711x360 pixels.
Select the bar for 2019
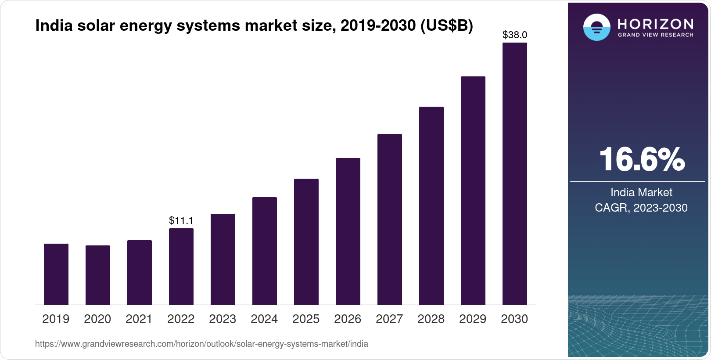point(56,274)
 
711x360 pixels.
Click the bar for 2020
point(98,275)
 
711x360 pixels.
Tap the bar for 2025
point(306,242)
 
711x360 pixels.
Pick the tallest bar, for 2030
point(515,174)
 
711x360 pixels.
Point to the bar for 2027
point(390,220)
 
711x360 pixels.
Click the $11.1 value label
point(181,220)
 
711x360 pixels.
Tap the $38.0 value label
point(515,35)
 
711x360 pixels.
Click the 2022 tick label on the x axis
point(181,319)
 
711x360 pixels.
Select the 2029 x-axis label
point(473,319)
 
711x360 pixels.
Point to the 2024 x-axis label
point(264,319)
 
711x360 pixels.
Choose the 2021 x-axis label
point(139,319)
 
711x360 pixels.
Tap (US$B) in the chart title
point(447,25)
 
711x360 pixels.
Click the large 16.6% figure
point(642,159)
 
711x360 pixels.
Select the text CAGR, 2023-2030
point(641,208)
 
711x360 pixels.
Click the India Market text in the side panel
point(641,192)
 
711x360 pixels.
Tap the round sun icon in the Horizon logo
point(596,27)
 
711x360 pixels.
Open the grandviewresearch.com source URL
point(201,344)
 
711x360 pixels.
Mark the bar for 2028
point(431,206)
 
